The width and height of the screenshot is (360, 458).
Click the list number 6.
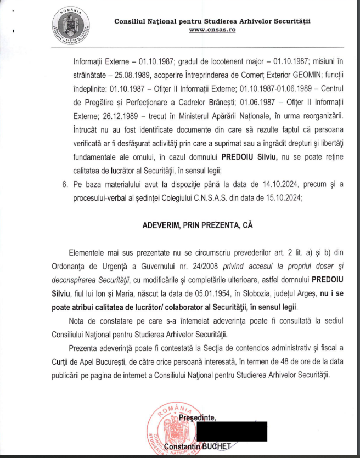click(64, 184)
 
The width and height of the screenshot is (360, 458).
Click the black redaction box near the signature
click(232, 432)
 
